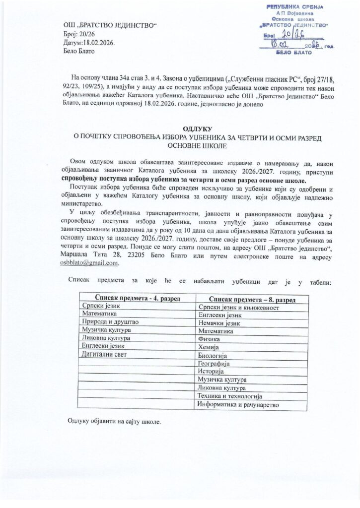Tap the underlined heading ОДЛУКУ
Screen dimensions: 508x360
tap(180, 127)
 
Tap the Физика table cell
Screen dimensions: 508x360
tap(209, 339)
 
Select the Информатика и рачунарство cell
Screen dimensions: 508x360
tap(238, 404)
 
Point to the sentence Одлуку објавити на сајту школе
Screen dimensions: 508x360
tap(115, 422)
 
